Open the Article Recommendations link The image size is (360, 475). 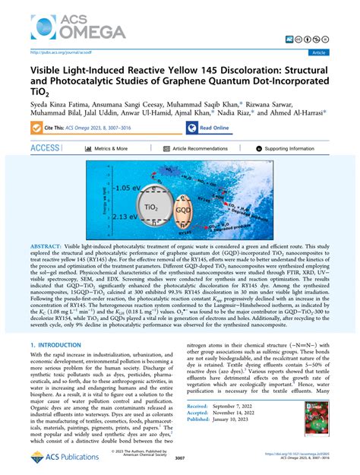[x=200, y=149]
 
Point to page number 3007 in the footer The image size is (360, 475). [x=180, y=458]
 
